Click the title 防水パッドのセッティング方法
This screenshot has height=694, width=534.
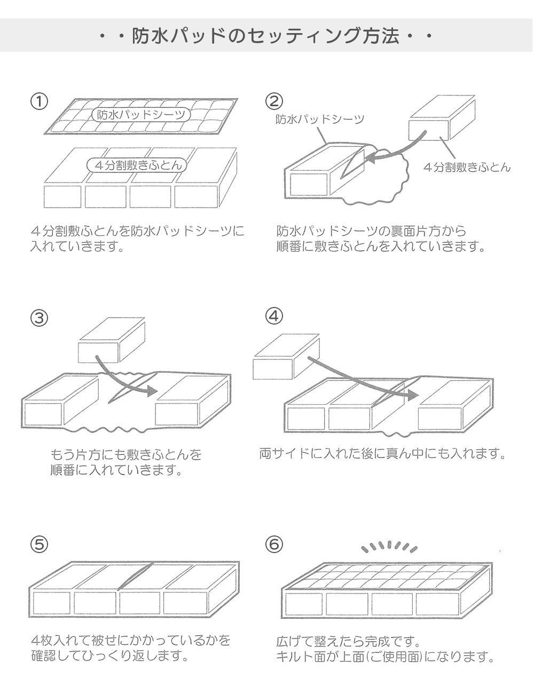click(266, 36)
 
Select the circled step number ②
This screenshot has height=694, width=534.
click(274, 101)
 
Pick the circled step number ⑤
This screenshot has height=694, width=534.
click(40, 545)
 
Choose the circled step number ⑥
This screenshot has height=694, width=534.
click(274, 545)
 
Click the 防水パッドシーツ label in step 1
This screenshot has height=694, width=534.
click(141, 115)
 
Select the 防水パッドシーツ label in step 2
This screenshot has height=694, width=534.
click(319, 119)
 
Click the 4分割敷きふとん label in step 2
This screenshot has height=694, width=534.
click(467, 167)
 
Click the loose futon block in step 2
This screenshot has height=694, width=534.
click(442, 125)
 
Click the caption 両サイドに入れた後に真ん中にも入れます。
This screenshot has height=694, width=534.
click(382, 454)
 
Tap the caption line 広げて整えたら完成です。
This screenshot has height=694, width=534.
click(350, 640)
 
